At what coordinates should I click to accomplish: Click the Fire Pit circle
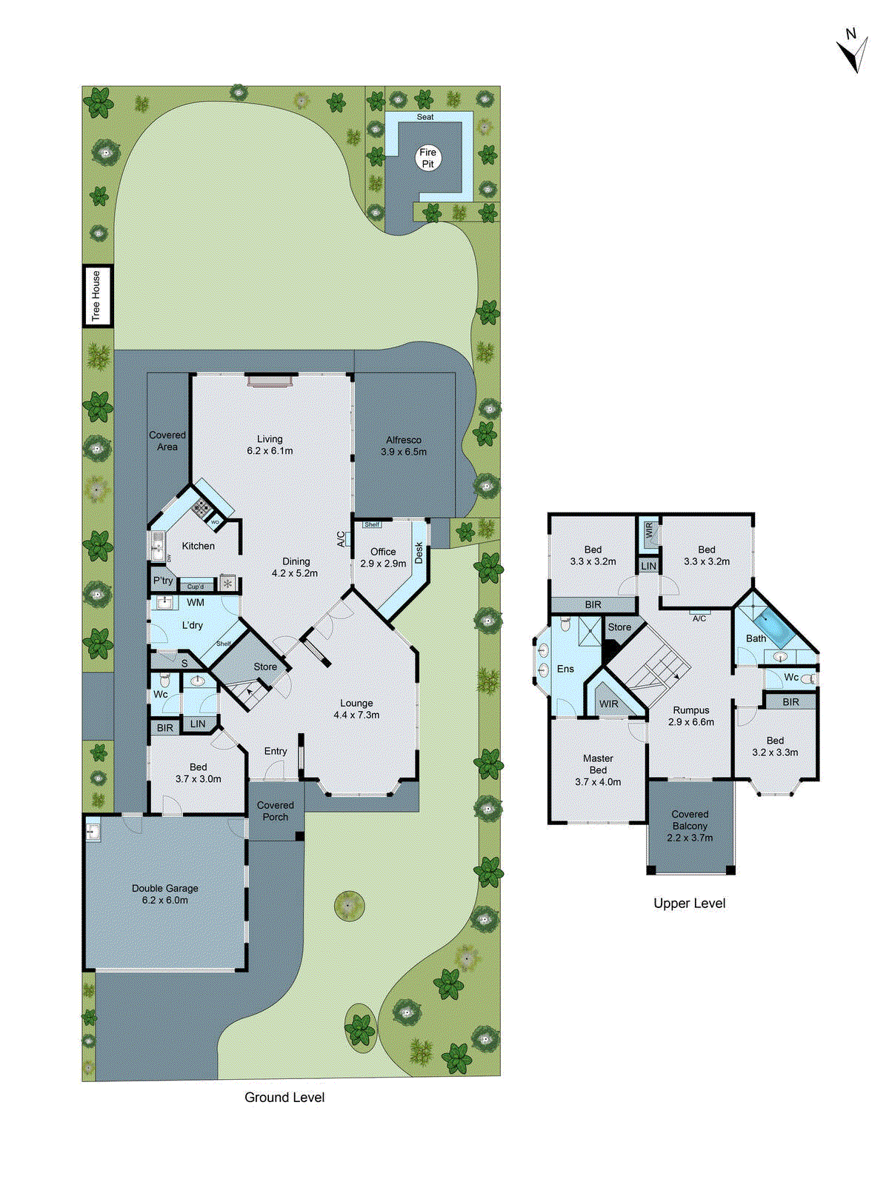[x=428, y=158]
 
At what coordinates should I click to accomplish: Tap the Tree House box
[x=96, y=296]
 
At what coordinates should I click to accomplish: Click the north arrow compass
[x=853, y=51]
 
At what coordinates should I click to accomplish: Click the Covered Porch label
[x=276, y=811]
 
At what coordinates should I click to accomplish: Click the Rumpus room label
[x=691, y=715]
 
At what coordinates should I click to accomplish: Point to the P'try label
[x=163, y=581]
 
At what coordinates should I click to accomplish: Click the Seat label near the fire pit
[x=425, y=117]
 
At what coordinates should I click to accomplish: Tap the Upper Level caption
[x=689, y=903]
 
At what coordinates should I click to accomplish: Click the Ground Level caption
[x=284, y=1097]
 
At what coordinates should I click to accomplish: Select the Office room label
[x=383, y=557]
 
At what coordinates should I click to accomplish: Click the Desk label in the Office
[x=419, y=553]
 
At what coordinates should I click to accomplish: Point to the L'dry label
[x=193, y=625]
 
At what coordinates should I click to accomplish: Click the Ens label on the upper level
[x=565, y=669]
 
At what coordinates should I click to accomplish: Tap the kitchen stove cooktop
[x=201, y=508]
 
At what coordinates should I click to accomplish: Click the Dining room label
[x=296, y=567]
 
